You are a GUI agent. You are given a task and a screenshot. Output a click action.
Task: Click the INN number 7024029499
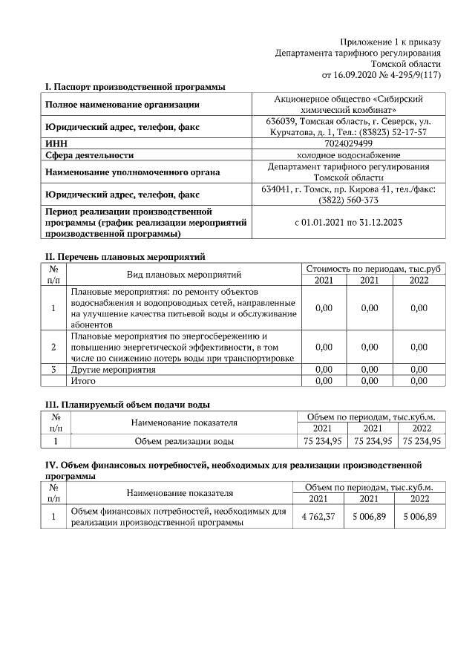pos(348,143)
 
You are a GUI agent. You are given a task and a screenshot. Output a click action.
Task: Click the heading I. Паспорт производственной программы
pos(135,87)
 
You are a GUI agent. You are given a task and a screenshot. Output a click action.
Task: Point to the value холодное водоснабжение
pos(348,155)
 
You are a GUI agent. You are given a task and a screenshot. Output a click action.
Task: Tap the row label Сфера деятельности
pos(90,155)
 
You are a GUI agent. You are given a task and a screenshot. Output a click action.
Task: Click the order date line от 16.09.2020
pos(381,75)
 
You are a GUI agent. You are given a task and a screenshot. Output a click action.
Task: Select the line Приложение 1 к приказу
pos(390,42)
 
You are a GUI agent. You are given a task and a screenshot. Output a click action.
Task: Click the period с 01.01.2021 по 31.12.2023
pos(348,222)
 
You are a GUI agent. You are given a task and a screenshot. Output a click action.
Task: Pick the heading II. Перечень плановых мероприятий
pos(125,258)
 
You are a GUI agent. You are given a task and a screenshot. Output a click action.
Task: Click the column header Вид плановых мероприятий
pos(184,274)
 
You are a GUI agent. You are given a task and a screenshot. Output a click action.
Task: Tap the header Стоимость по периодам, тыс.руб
pos(373,268)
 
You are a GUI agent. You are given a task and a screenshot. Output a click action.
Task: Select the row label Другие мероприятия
pos(113,369)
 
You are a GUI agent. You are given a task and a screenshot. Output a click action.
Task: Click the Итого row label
pos(83,381)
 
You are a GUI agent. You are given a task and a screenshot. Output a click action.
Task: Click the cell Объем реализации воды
pos(184,441)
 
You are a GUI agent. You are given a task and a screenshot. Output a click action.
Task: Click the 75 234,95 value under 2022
pos(422,441)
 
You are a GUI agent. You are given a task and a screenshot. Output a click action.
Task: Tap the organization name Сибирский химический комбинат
pos(348,103)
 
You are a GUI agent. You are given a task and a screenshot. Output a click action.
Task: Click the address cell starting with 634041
pos(348,195)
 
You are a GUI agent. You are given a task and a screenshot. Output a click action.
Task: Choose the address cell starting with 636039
pos(348,126)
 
